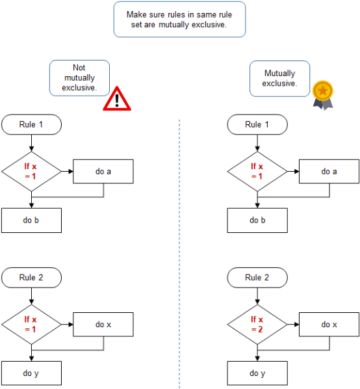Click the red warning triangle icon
117,98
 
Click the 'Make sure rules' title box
180,19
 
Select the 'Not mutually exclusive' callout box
79,77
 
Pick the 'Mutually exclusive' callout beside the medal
280,78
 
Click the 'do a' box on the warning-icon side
103,172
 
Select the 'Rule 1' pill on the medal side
257,124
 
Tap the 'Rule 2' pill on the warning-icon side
31,278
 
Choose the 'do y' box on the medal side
257,373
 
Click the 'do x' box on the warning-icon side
103,325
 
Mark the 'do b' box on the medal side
257,220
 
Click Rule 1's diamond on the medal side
257,171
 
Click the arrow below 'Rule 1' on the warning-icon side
31,142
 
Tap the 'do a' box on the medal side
329,172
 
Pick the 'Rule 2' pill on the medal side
257,278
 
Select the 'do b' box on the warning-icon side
31,220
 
